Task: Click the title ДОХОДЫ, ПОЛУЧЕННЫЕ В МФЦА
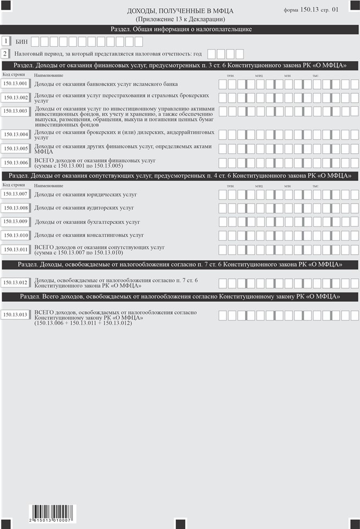180,11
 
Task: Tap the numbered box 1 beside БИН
5,41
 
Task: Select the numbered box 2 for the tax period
5,54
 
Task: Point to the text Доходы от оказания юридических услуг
85,195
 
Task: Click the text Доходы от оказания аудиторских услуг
84,208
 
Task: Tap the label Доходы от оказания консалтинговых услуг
89,235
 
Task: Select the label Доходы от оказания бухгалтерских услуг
87,222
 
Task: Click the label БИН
21,42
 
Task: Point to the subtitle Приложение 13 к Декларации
180,19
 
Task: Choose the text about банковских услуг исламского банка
106,84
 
